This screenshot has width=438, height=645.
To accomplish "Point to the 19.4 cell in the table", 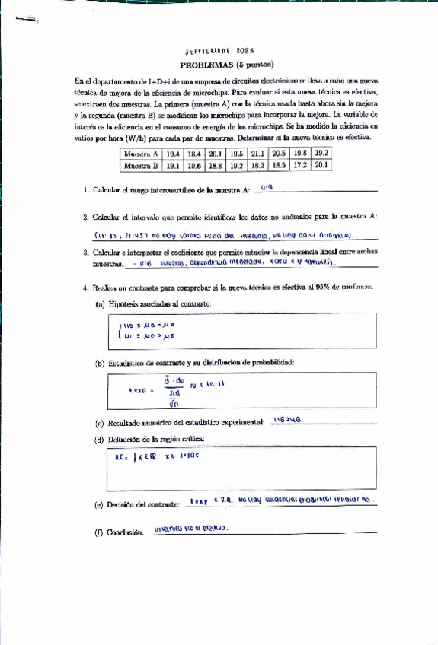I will (172, 153).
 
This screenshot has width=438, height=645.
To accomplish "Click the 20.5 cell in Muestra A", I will (279, 153).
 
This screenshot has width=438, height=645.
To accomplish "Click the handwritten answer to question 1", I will (267, 187).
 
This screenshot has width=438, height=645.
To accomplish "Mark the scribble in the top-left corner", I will (25, 19).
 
